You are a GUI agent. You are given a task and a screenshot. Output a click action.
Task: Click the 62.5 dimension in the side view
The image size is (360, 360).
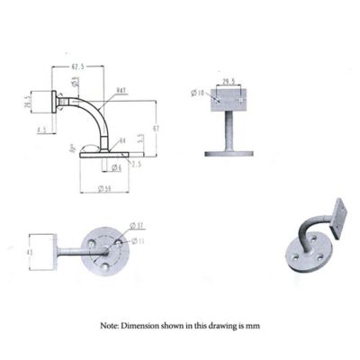[78, 66]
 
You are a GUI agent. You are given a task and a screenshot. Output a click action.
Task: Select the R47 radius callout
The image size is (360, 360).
[120, 90]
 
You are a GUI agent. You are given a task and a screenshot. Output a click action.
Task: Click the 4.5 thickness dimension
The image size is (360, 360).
[41, 130]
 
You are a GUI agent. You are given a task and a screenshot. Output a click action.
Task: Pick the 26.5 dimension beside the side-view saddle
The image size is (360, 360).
[27, 102]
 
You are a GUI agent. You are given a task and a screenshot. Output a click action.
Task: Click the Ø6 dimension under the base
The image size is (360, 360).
[117, 168]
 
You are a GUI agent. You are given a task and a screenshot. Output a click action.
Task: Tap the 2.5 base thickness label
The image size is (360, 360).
[136, 164]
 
